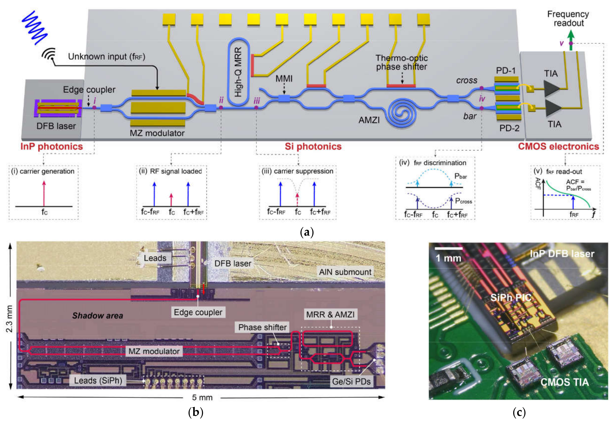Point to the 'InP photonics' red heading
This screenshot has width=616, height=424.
pyautogui.click(x=52, y=146)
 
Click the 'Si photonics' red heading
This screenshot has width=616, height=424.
pyautogui.click(x=313, y=146)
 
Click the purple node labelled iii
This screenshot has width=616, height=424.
pyautogui.click(x=256, y=108)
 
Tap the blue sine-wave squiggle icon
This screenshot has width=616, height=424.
pyautogui.click(x=35, y=27)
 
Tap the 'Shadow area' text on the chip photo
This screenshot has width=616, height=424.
pyautogui.click(x=98, y=316)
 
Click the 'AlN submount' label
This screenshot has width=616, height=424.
pyautogui.click(x=345, y=272)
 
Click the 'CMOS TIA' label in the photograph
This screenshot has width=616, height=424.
pyautogui.click(x=564, y=382)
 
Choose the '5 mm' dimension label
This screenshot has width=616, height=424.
pyautogui.click(x=202, y=397)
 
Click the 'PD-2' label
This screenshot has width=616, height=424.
pyautogui.click(x=509, y=128)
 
